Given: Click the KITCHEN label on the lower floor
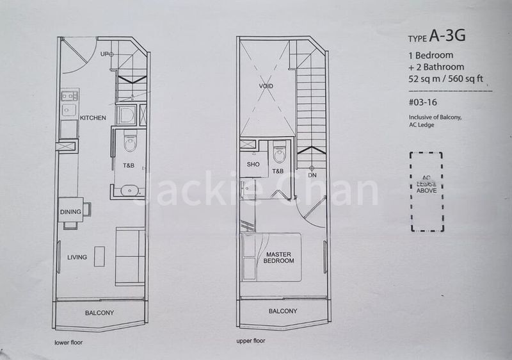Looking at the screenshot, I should (93, 118).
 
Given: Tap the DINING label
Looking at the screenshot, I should (70, 212).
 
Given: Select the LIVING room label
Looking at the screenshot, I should (77, 258).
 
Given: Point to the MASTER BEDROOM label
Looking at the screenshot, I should (279, 258).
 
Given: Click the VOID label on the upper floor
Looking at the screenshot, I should (266, 86).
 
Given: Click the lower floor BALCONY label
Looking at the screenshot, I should (99, 313).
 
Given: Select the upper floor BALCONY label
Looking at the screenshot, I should (282, 311).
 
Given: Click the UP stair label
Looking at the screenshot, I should (106, 54).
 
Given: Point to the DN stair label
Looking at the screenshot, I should (312, 174).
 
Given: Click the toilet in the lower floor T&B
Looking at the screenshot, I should (130, 142).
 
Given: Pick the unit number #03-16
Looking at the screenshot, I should (424, 102).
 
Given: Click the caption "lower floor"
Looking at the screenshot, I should (68, 343).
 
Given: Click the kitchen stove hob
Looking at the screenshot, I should (69, 96).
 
